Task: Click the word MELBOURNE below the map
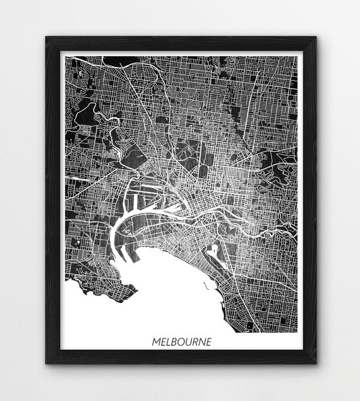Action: [182, 342]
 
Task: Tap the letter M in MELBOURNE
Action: [156, 342]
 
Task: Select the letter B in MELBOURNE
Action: [174, 342]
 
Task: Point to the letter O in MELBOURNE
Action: [181, 342]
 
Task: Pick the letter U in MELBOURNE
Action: [189, 342]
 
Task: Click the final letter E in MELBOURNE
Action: [209, 342]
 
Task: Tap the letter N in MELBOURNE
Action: [202, 342]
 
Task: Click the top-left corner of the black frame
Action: [46, 37]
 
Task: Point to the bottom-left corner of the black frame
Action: [46, 364]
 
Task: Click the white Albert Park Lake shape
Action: [212, 250]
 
